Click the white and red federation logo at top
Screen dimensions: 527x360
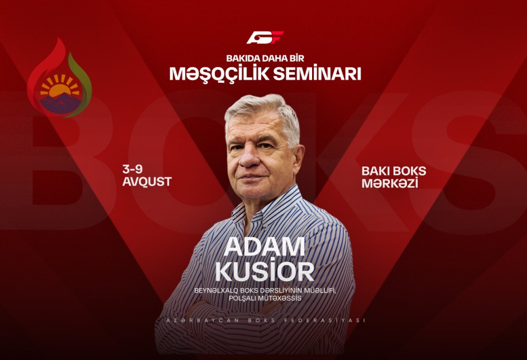tap(265, 37)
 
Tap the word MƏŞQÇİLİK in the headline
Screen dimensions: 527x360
tap(218, 74)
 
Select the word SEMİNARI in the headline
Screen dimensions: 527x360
tap(317, 74)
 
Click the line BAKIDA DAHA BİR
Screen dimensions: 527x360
tap(265, 58)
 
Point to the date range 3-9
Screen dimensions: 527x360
tap(132, 169)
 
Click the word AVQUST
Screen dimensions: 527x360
tap(147, 182)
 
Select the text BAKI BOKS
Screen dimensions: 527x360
tap(394, 171)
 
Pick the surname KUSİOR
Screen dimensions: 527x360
tap(265, 271)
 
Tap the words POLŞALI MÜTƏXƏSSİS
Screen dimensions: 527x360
tap(265, 298)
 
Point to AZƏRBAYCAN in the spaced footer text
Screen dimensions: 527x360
tap(203, 321)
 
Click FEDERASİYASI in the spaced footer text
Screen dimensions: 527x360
tap(325, 321)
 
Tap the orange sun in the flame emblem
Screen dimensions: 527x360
tap(59, 89)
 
